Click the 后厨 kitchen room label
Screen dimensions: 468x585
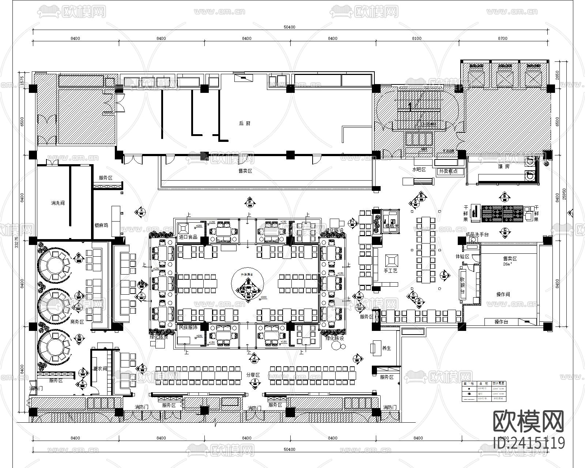[x=245, y=124]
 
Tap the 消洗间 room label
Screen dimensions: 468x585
[x=58, y=203]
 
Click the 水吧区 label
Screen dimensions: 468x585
[x=419, y=170]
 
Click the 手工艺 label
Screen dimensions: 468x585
[x=390, y=271]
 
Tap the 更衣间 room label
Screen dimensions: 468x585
[x=100, y=369]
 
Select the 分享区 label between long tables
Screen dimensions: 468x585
[x=253, y=375]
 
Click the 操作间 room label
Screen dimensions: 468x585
[x=503, y=294]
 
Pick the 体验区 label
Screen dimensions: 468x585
[x=462, y=257]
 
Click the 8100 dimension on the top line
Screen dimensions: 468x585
[x=416, y=38]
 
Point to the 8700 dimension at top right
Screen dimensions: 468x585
[x=503, y=38]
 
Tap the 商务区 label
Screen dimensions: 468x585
[x=77, y=322]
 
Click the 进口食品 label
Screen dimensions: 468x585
[x=188, y=237]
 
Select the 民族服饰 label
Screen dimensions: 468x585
[x=188, y=328]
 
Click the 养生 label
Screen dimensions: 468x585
[x=386, y=348]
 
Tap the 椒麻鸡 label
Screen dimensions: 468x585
[x=101, y=226]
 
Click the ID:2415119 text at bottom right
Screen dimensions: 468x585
[x=529, y=443]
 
